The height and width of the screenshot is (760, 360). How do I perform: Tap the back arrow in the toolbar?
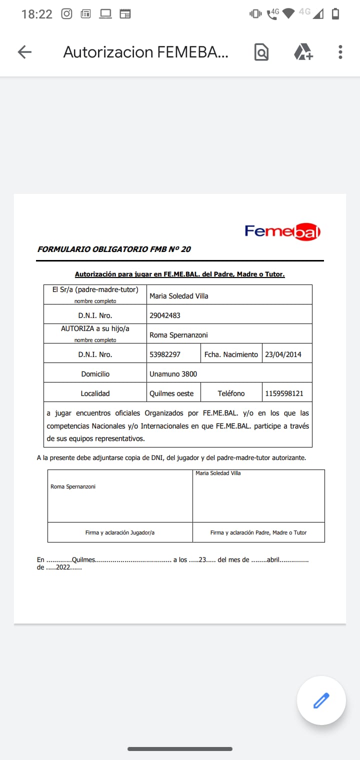point(24,52)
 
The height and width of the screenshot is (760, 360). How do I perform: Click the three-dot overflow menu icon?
point(340,52)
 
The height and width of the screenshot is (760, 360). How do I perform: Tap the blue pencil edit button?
point(321,700)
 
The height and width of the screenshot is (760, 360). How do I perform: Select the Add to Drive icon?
point(303,52)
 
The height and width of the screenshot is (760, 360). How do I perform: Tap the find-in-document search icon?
point(261,52)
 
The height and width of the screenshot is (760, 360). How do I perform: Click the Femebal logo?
point(282,231)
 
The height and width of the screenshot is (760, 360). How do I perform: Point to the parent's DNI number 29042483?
point(165,315)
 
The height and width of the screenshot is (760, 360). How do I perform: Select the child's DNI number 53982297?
point(165,354)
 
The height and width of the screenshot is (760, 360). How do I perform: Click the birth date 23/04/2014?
point(283,354)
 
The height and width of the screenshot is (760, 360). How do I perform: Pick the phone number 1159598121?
point(284,393)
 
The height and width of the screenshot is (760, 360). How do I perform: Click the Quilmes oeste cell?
point(171,393)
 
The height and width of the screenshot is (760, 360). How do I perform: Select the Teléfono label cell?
point(231,393)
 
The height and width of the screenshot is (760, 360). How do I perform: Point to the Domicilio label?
point(95,374)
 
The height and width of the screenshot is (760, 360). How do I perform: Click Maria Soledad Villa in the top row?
point(178,296)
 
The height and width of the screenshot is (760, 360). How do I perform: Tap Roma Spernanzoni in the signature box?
point(73,486)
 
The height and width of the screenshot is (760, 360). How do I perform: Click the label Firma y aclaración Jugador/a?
point(120,532)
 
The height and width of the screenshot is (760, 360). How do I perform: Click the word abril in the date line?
point(273,560)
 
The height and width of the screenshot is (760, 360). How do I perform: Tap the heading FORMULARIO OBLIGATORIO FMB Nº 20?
point(114,249)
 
